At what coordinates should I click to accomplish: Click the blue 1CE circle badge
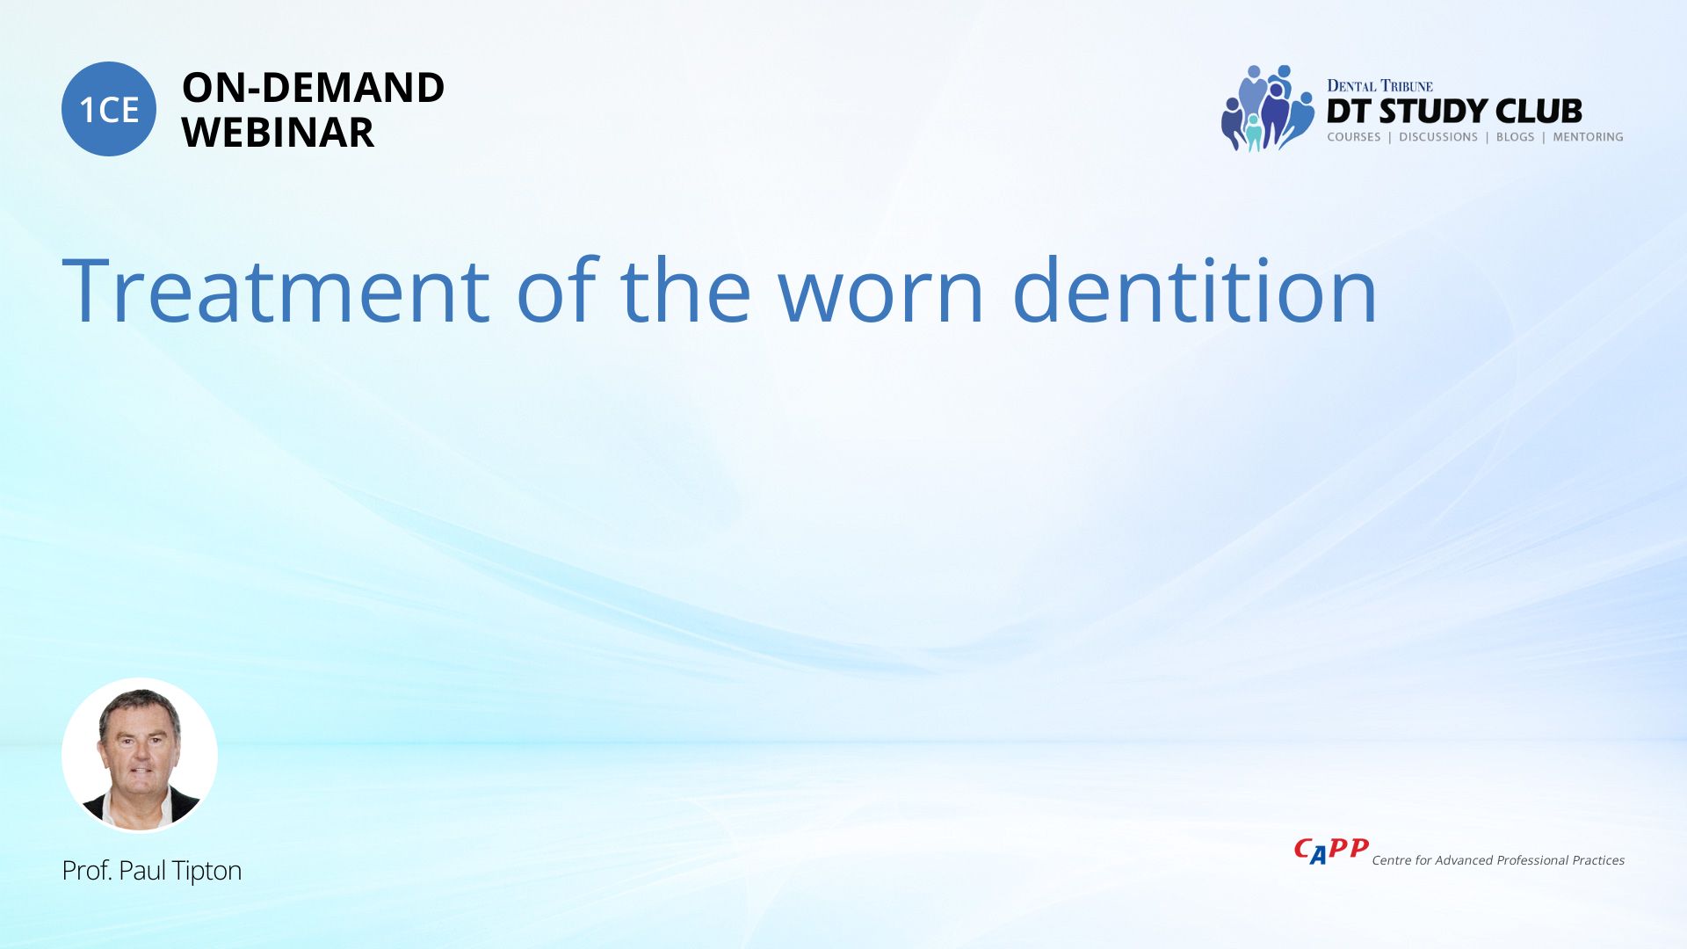pyautogui.click(x=109, y=109)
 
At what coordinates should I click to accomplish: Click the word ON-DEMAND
pyautogui.click(x=313, y=88)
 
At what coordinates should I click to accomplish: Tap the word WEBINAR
pyautogui.click(x=278, y=133)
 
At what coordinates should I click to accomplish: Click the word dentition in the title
pyautogui.click(x=1195, y=291)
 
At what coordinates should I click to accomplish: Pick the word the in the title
pyautogui.click(x=685, y=291)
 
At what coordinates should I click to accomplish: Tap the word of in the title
pyautogui.click(x=557, y=291)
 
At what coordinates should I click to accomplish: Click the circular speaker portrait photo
pyautogui.click(x=140, y=756)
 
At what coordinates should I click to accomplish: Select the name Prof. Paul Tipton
pyautogui.click(x=151, y=871)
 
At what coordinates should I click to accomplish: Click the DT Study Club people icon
pyautogui.click(x=1267, y=108)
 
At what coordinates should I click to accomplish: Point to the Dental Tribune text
pyautogui.click(x=1379, y=86)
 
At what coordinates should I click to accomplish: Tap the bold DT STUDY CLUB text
pyautogui.click(x=1454, y=112)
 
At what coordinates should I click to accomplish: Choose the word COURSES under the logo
pyautogui.click(x=1354, y=137)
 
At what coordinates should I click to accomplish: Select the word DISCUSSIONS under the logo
pyautogui.click(x=1438, y=137)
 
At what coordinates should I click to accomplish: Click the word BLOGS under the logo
pyautogui.click(x=1515, y=137)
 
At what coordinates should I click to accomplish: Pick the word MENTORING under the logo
pyautogui.click(x=1588, y=137)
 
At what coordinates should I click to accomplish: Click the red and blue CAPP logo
pyautogui.click(x=1331, y=851)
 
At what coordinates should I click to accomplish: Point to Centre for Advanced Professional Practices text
pyautogui.click(x=1498, y=860)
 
